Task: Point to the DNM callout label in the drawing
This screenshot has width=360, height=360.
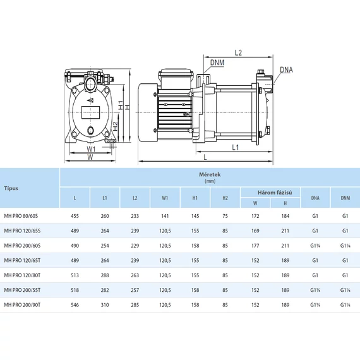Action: click(x=217, y=63)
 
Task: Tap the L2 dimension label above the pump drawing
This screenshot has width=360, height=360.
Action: click(x=239, y=53)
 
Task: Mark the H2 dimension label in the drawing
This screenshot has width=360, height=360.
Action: click(x=116, y=126)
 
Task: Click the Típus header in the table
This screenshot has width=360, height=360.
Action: click(x=11, y=188)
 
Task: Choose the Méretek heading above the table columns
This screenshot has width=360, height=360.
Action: click(x=210, y=176)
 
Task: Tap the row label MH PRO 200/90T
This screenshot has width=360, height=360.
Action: click(x=23, y=304)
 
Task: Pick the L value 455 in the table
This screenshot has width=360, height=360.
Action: click(x=75, y=217)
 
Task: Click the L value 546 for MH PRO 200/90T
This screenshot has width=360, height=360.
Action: click(x=75, y=304)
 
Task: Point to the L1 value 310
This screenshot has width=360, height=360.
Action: click(x=105, y=304)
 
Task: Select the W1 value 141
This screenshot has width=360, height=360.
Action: click(x=165, y=217)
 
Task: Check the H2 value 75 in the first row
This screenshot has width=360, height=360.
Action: click(x=225, y=217)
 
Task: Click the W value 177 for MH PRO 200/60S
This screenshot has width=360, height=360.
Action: click(x=255, y=246)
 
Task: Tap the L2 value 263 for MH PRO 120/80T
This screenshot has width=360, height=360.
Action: click(x=135, y=275)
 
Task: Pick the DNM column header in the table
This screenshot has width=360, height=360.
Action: click(x=345, y=198)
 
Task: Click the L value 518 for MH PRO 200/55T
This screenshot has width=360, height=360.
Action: click(x=75, y=290)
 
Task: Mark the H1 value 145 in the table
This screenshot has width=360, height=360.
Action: click(x=195, y=217)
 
